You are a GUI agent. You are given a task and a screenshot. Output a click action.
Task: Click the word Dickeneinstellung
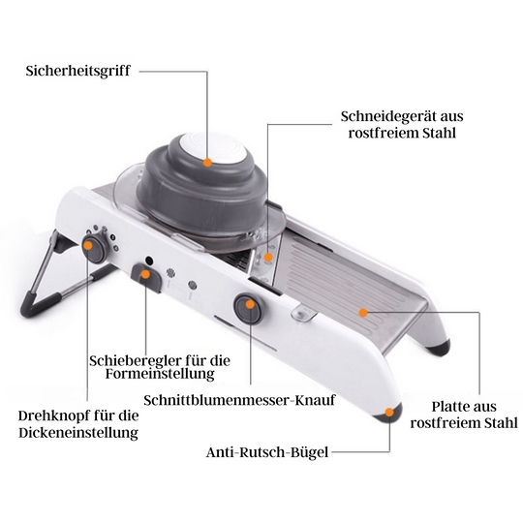(x=77, y=432)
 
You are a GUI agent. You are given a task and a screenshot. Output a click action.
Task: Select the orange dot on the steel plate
(x=363, y=312)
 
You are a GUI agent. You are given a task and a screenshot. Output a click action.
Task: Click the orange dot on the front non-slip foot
(x=390, y=413)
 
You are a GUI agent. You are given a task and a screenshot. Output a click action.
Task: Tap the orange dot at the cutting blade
(x=265, y=258)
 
